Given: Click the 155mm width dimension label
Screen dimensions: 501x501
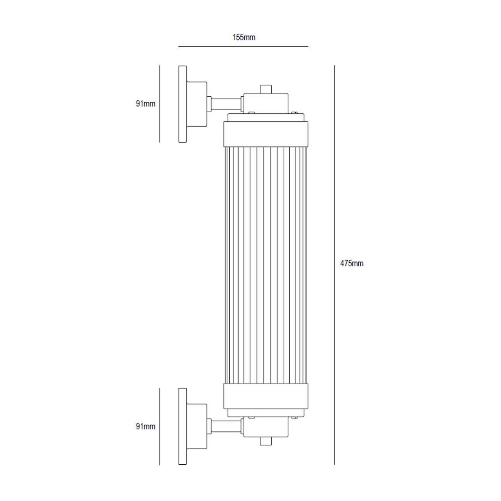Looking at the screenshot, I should pos(243,38).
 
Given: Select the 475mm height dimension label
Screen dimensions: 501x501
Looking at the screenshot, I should pos(352,263).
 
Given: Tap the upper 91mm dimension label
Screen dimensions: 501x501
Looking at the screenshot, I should pos(145,104).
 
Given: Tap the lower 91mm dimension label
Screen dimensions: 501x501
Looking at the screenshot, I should pos(145,426).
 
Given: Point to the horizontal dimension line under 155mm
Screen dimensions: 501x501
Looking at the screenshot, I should pos(243,47).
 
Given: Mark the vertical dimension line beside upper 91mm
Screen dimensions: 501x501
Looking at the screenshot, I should pos(160,104).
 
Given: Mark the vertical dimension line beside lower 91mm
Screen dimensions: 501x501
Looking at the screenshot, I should pos(160,426).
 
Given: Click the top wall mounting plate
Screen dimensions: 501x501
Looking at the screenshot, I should pos(182,104).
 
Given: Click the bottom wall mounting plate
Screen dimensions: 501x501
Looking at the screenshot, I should pos(182,426).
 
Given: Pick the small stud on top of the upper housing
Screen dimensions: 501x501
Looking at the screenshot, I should pos(266,89).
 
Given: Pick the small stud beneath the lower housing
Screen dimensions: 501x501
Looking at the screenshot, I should pos(266,441).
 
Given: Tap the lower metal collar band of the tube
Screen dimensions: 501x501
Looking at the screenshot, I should pos(266,396).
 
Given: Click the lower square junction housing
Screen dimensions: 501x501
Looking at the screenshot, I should pos(266,427).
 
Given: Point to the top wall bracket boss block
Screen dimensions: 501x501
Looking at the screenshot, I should pos(197,104).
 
